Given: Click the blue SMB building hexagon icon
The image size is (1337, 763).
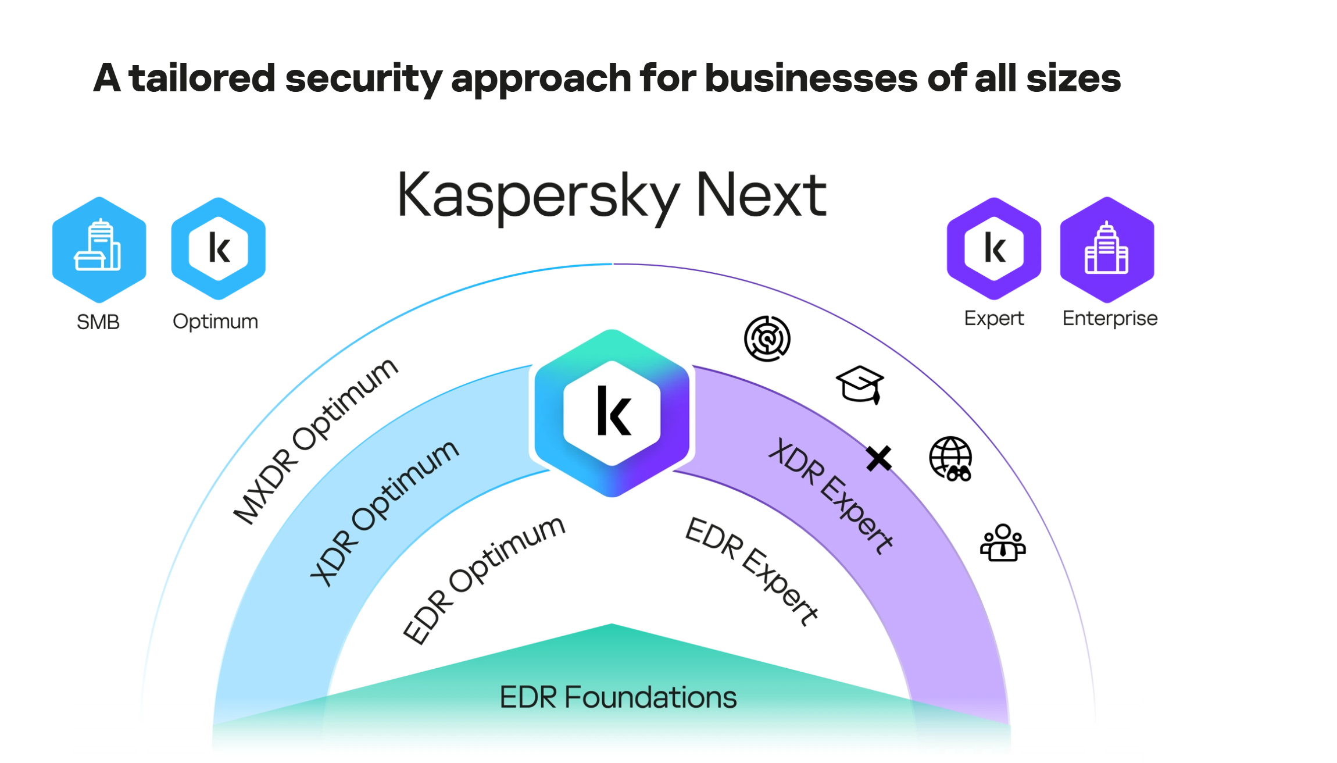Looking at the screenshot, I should click(x=99, y=249).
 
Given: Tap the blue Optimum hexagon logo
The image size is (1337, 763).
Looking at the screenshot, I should click(x=219, y=249).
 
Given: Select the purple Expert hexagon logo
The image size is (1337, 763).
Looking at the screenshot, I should click(x=993, y=249).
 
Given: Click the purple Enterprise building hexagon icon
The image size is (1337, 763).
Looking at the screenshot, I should click(x=1107, y=249).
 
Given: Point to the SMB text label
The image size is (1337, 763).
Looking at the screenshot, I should click(x=98, y=322).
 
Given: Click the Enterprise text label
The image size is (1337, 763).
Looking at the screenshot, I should click(x=1110, y=319).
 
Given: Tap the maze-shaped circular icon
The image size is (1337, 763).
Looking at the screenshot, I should click(x=767, y=338).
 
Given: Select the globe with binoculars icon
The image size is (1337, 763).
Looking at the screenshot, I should click(x=951, y=459).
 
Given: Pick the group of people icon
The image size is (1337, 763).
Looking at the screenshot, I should click(x=1003, y=543).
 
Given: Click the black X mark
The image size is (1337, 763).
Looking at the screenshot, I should click(x=878, y=458).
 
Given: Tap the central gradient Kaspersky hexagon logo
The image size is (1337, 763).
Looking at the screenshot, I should click(x=612, y=413).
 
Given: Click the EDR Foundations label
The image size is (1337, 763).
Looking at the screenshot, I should click(x=618, y=697).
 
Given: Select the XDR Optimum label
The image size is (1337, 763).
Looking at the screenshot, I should click(x=384, y=512).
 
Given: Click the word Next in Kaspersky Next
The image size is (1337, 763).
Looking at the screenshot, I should click(x=761, y=195).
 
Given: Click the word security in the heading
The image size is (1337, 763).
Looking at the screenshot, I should click(x=363, y=79).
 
